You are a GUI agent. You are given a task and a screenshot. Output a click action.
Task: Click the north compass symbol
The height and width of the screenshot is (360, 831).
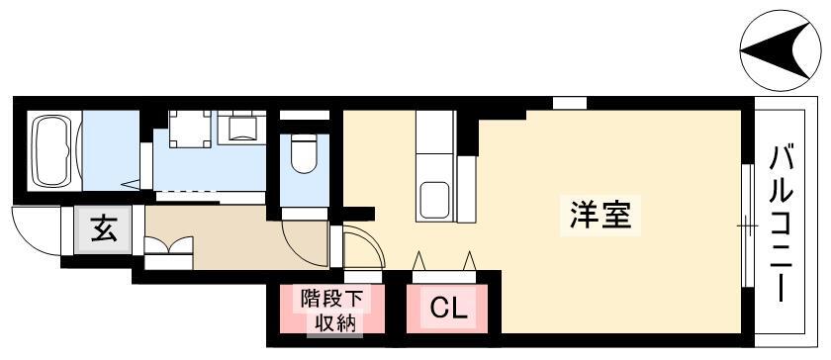[x=781, y=50]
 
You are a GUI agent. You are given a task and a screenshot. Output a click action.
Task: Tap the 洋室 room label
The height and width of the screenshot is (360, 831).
[x=600, y=216]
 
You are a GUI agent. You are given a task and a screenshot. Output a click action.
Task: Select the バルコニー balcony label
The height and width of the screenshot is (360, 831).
[x=782, y=225]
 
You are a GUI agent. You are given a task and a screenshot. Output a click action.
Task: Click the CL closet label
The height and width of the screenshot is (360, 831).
[x=449, y=308]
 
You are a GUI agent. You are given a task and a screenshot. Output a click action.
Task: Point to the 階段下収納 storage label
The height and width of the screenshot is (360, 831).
[x=331, y=312]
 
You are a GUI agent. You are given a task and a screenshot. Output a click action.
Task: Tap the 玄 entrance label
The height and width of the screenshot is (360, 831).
[x=103, y=229]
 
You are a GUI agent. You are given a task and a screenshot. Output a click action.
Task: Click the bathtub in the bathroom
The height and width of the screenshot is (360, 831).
[x=53, y=150]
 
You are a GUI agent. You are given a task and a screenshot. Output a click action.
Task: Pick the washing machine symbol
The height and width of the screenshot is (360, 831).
[x=190, y=129]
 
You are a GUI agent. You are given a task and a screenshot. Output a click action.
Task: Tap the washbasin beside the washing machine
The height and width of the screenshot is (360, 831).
[x=241, y=129]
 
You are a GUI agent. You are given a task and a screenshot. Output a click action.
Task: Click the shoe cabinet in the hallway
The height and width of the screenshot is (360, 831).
[x=168, y=252]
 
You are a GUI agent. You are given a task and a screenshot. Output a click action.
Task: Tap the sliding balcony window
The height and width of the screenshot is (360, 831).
[x=747, y=225]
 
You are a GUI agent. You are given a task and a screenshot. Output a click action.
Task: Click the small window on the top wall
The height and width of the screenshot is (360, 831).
[x=570, y=102]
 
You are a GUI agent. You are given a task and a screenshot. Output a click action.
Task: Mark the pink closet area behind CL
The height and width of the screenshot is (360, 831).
[x=447, y=309]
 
